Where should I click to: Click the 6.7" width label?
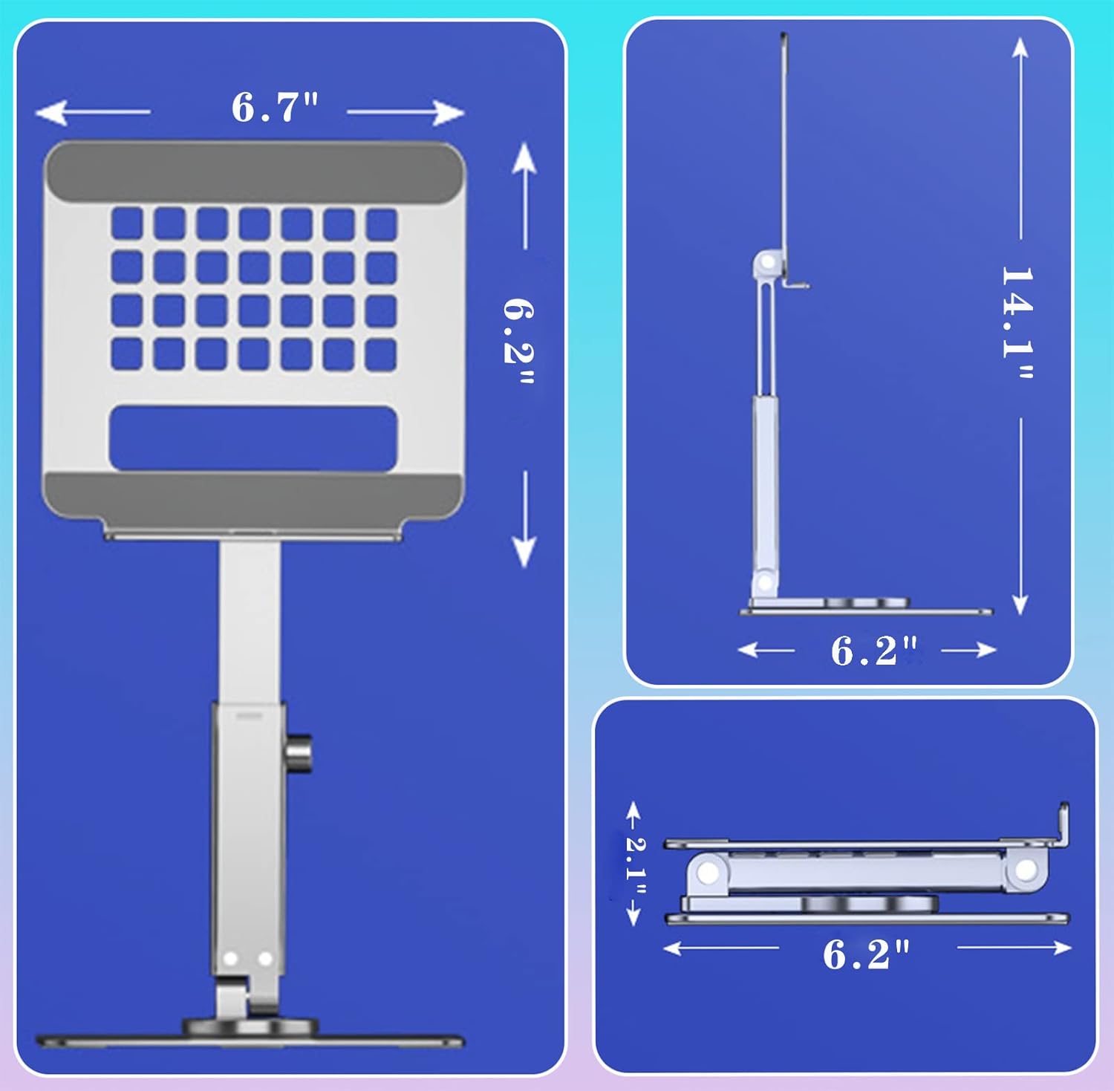[274, 108]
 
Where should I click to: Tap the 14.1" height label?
[1018, 323]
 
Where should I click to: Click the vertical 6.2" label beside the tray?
[519, 342]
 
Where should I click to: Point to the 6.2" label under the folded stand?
[866, 954]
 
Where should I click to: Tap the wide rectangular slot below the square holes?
[253, 438]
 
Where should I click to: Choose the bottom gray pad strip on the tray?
[253, 495]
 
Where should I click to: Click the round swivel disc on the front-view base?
[250, 1027]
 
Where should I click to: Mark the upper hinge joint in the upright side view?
[766, 264]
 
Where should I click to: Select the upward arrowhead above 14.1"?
[1020, 48]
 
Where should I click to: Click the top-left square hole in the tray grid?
[127, 224]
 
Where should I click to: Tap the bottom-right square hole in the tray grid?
[381, 354]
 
